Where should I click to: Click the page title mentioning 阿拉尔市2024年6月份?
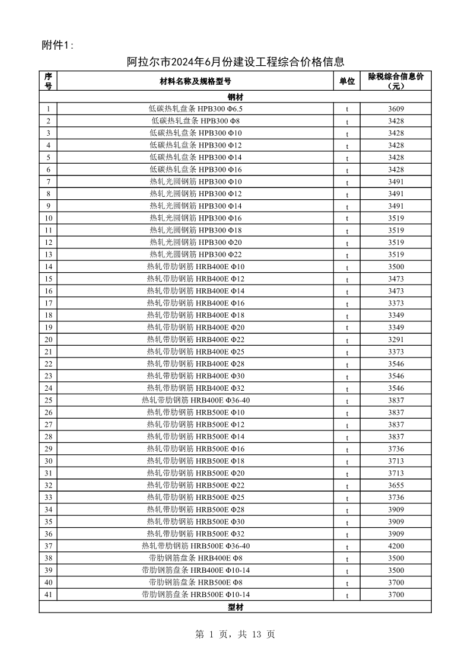coord(236,62)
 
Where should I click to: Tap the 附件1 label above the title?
coord(58,46)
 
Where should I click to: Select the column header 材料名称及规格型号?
coord(195,81)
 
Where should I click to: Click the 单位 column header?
coord(347,81)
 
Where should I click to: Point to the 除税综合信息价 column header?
coord(396,81)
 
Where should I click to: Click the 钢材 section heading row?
coord(235,97)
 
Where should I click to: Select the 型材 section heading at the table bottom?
coord(235,607)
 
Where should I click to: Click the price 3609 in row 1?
coord(396,109)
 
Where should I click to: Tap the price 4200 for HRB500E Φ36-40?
coord(396,546)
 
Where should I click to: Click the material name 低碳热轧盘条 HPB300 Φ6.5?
coord(195,109)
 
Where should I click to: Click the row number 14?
coord(48,267)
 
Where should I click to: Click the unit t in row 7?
coord(347,182)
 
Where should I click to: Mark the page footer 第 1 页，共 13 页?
coord(235,634)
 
